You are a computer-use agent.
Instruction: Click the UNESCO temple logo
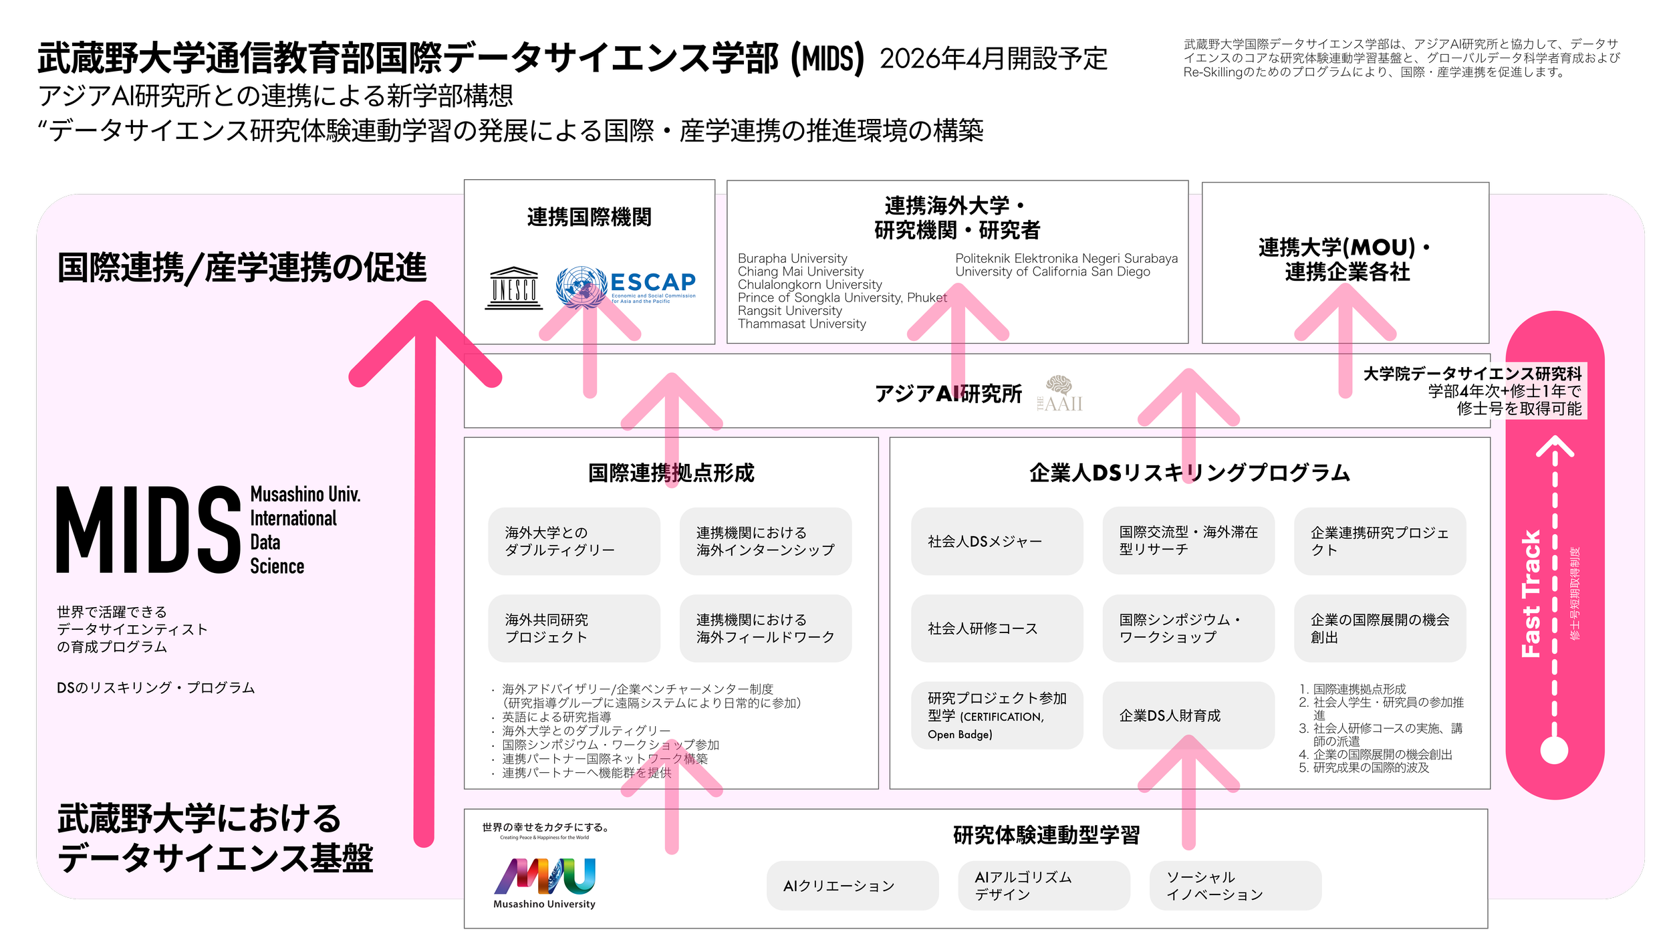[x=514, y=288]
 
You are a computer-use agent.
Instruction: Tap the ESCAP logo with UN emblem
[x=626, y=287]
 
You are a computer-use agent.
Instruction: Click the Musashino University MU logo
[x=545, y=876]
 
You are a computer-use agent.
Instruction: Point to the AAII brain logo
[x=1059, y=394]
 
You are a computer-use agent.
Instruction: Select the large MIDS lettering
[x=148, y=530]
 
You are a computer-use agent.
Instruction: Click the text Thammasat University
[x=801, y=324]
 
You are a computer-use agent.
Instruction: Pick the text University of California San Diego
[x=1052, y=271]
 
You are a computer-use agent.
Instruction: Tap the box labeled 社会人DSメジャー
[x=997, y=542]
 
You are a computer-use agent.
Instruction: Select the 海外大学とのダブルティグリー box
[x=573, y=542]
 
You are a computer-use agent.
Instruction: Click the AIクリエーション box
[x=852, y=886]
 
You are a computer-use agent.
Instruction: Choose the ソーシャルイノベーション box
[x=1235, y=886]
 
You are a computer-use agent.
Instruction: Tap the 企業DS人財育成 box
[x=1188, y=715]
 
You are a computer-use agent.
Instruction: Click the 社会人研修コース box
[x=997, y=628]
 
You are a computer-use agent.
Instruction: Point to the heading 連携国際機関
[x=589, y=217]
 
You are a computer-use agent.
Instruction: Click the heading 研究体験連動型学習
[x=1046, y=835]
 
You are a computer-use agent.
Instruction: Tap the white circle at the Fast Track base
[x=1554, y=750]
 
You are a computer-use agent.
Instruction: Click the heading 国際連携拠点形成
[x=671, y=473]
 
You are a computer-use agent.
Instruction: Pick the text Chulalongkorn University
[x=809, y=285]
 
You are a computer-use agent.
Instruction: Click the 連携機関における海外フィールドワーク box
[x=765, y=628]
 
